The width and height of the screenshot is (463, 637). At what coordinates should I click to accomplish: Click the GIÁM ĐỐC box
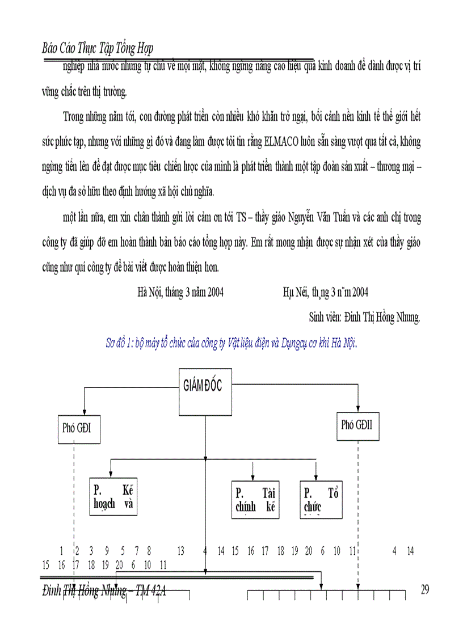[x=205, y=391]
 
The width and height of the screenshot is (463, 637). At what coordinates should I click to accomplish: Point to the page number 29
[x=425, y=590]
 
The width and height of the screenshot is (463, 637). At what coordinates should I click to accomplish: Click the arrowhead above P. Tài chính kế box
[x=252, y=478]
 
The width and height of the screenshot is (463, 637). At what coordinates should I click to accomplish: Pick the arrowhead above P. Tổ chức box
[x=316, y=478]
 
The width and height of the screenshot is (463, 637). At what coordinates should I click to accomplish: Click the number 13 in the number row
[x=181, y=551]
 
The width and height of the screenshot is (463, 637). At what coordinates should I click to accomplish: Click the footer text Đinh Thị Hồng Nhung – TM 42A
[x=104, y=590]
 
